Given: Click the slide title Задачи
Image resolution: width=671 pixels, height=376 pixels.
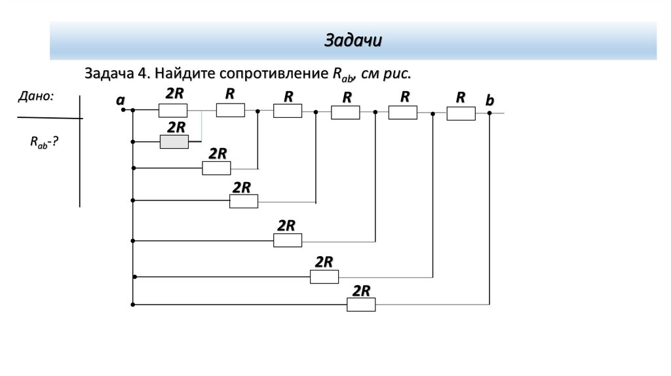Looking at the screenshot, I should click(x=353, y=41).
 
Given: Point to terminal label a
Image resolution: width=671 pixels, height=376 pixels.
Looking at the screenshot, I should click(x=120, y=100).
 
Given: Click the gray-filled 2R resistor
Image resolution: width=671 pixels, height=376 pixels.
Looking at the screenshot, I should click(x=174, y=141).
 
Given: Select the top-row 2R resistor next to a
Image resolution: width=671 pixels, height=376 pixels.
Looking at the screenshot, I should click(x=173, y=110).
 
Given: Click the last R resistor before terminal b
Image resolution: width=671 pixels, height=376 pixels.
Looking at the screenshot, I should click(x=461, y=113).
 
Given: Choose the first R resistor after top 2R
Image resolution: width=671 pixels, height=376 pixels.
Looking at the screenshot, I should click(x=230, y=110).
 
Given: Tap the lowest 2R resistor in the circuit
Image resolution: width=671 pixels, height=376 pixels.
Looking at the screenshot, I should click(x=361, y=305).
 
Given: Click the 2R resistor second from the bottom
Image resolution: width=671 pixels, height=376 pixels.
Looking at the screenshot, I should click(x=324, y=277).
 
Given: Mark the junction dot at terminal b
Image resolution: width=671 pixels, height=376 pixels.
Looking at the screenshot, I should click(x=490, y=113).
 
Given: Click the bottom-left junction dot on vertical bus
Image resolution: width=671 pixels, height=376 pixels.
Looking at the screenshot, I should click(x=133, y=305).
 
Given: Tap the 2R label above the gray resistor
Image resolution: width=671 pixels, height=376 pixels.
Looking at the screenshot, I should click(x=176, y=126).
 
